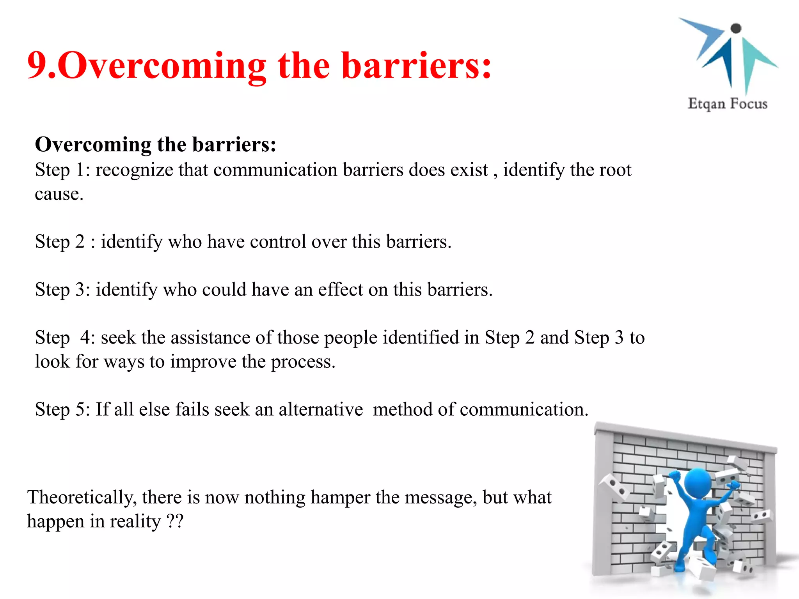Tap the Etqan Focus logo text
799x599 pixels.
[x=727, y=104]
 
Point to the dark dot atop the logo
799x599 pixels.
[x=735, y=28]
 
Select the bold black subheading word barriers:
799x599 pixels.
[x=234, y=144]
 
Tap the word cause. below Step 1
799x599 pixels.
[x=59, y=194]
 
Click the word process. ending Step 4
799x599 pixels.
[x=303, y=362]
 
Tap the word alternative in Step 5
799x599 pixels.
[x=320, y=410]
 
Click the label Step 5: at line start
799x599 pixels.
[x=62, y=410]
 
